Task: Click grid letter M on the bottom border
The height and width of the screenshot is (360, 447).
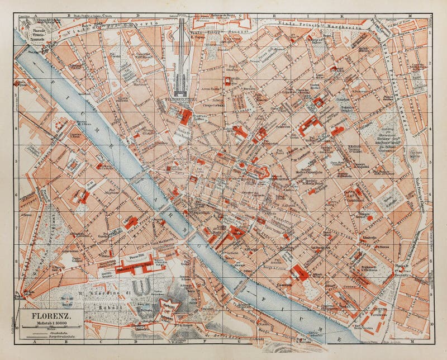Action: (410, 341)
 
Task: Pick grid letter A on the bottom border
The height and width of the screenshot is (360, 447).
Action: (34, 341)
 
